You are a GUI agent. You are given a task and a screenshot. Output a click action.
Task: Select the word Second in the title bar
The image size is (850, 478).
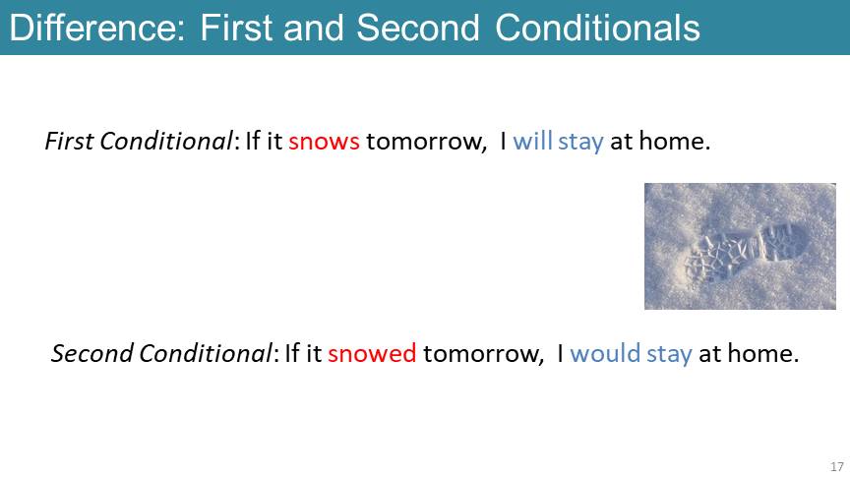pyautogui.click(x=418, y=28)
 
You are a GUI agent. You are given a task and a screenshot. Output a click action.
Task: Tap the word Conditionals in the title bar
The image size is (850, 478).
pyautogui.click(x=597, y=28)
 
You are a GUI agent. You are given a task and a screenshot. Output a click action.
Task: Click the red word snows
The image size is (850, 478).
pyautogui.click(x=324, y=142)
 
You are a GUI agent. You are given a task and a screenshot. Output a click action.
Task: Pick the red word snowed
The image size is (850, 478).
pyautogui.click(x=372, y=353)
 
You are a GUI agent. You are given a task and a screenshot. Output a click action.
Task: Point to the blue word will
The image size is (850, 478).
pyautogui.click(x=532, y=141)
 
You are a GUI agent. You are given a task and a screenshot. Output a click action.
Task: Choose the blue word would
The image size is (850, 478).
pyautogui.click(x=605, y=353)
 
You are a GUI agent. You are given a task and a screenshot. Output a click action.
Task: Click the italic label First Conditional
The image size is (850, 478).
pyautogui.click(x=139, y=141)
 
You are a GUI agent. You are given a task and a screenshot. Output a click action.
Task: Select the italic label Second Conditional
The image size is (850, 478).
pyautogui.click(x=161, y=353)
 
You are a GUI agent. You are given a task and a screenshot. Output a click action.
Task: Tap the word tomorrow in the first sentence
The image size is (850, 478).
pyautogui.click(x=424, y=142)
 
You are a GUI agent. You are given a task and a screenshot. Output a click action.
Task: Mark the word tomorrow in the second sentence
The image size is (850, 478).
pyautogui.click(x=481, y=353)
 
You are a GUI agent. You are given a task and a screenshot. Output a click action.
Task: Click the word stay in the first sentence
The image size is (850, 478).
pyautogui.click(x=580, y=143)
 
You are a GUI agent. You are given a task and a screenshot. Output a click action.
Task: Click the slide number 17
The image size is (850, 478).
pyautogui.click(x=837, y=466)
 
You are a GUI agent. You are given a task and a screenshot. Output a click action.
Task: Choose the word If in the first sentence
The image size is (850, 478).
pyautogui.click(x=252, y=141)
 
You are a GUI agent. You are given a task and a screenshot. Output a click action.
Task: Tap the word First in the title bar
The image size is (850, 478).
pyautogui.click(x=237, y=28)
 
